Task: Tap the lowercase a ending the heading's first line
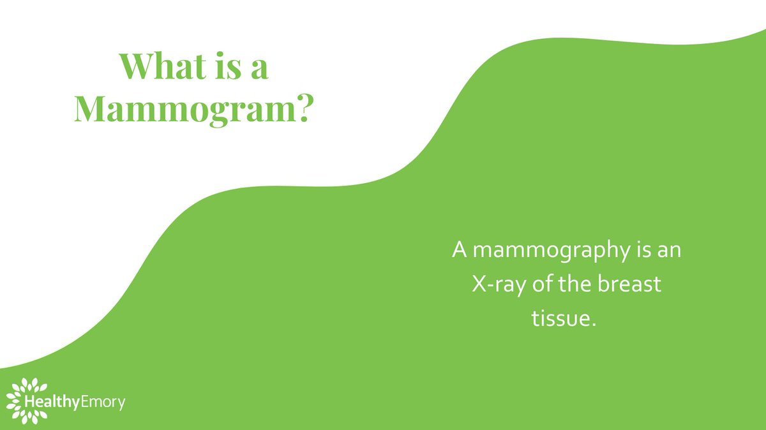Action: point(259,69)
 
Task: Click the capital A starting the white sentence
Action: point(459,249)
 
